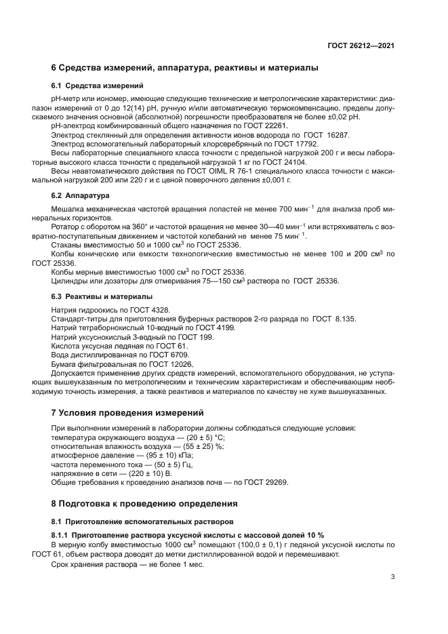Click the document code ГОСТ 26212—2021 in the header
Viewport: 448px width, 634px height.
pos(361,45)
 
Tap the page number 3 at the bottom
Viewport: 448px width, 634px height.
pos(392,577)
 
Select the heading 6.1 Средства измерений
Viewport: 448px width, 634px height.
pos(97,85)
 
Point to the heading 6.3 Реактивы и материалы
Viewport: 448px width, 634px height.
pos(102,297)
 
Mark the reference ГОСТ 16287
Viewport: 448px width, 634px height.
pos(321,135)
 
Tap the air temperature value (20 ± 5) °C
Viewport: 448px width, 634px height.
pos(188,437)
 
